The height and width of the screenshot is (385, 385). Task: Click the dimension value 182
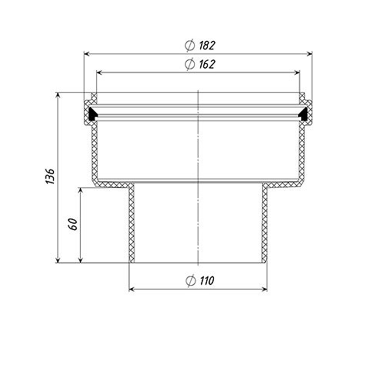207,45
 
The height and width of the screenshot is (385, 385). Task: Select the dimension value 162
207,64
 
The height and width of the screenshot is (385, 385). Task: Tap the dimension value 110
207,281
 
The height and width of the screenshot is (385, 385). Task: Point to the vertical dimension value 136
50,176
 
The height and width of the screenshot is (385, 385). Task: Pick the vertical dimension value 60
73,224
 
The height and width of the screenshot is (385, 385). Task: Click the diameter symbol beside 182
190,45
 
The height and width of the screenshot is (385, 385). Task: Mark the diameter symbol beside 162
190,64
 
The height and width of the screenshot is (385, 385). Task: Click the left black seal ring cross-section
92,113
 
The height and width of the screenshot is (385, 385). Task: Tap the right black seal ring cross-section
304,113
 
